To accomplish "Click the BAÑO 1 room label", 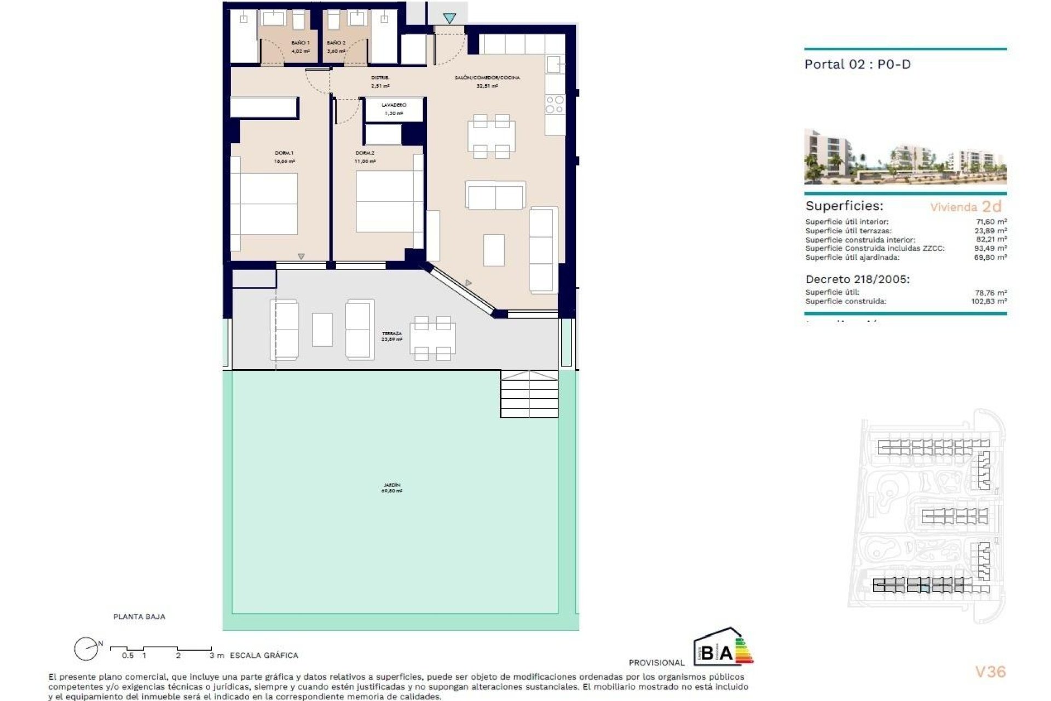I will [x=300, y=43].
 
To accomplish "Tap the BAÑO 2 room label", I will [x=336, y=43].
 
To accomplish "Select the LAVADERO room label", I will [x=394, y=105].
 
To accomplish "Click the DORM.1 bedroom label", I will [x=284, y=153].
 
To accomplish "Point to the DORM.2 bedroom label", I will [x=365, y=153].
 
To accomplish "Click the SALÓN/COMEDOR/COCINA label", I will [x=487, y=78].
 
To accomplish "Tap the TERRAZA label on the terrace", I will [x=391, y=334].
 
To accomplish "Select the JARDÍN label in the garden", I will [x=391, y=485].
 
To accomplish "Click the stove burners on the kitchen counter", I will [x=555, y=105].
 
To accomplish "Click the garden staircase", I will [x=529, y=394].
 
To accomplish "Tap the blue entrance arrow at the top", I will [x=449, y=19].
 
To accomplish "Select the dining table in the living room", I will [x=491, y=136].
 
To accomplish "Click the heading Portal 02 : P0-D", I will [x=857, y=65].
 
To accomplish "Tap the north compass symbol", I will [x=86, y=650].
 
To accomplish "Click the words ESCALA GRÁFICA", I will [x=264, y=655].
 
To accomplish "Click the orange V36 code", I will [x=990, y=671].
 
